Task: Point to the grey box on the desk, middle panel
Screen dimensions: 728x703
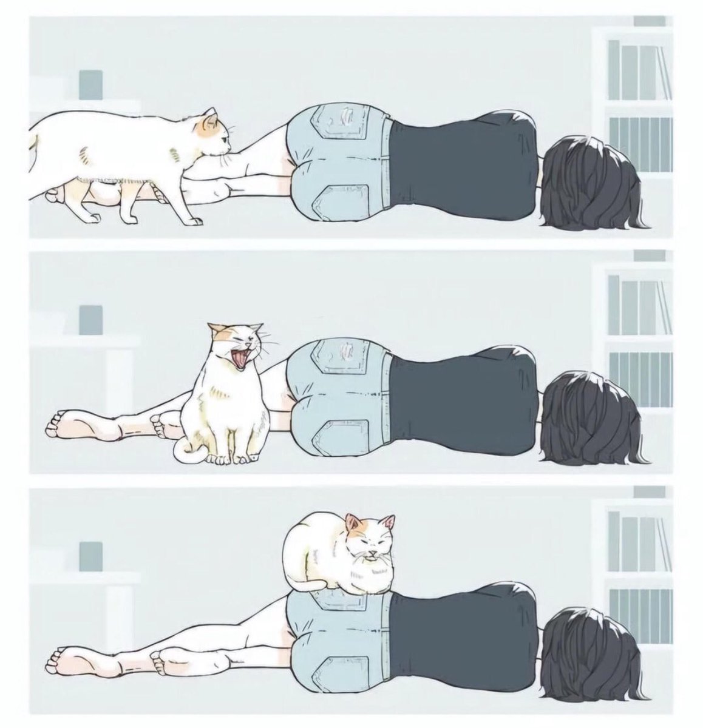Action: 91,320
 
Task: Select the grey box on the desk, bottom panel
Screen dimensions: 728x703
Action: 91,556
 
